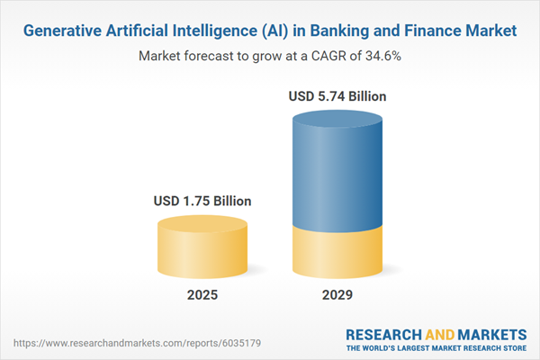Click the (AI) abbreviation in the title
tap(278, 31)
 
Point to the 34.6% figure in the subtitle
tap(382, 56)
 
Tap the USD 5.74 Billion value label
tap(338, 95)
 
